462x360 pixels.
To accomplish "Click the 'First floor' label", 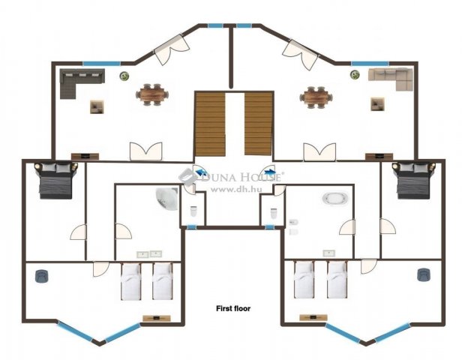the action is click(x=233, y=308).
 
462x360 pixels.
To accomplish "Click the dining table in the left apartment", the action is click(x=152, y=94).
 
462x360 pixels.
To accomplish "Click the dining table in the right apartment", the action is click(x=316, y=97).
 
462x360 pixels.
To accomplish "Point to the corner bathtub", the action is click(x=167, y=198).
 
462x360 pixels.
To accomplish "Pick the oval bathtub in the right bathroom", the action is click(x=335, y=198).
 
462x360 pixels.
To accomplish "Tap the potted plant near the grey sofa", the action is click(x=124, y=76).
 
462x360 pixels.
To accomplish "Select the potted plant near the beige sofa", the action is click(x=355, y=74).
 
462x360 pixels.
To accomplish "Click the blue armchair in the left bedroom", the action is click(x=41, y=276).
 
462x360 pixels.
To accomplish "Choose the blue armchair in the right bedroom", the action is click(x=424, y=274).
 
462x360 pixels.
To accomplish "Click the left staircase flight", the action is click(x=210, y=124).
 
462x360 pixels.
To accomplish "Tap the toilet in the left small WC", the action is click(x=193, y=211).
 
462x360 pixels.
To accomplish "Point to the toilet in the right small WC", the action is click(x=274, y=213).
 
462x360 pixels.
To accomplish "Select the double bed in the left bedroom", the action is click(x=56, y=181).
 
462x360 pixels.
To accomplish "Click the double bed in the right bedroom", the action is click(x=414, y=181).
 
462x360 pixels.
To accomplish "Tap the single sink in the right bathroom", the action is click(x=328, y=253).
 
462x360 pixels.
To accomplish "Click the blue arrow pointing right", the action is click(x=269, y=172).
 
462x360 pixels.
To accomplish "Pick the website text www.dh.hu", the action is click(x=236, y=190).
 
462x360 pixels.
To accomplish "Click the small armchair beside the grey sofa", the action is click(x=97, y=107).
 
